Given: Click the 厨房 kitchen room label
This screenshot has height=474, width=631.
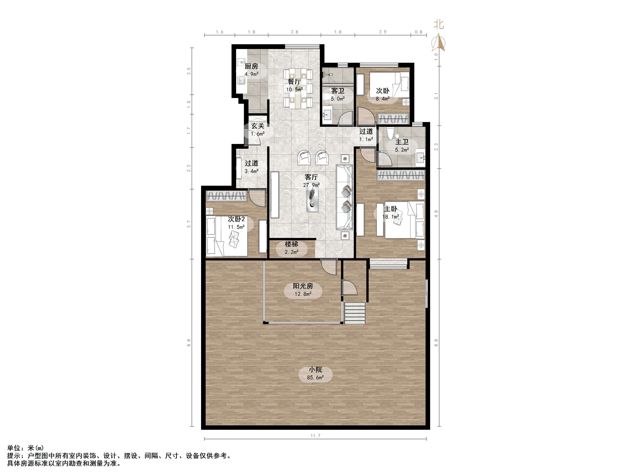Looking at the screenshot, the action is (x=251, y=66).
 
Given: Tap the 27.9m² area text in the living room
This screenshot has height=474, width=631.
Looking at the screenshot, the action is (x=311, y=185).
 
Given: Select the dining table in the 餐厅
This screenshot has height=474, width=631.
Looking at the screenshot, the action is (x=298, y=89).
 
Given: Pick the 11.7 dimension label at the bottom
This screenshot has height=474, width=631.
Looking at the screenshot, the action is (x=315, y=436).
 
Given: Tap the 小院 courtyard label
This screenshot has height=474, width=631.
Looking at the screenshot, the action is (x=315, y=370).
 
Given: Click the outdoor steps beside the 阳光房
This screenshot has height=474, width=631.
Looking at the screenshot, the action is (x=355, y=313).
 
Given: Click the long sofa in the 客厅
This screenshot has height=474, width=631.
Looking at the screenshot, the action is (x=345, y=197).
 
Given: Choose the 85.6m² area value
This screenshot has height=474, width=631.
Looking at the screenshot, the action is (x=315, y=378).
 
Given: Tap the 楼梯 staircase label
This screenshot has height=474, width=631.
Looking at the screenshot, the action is (x=292, y=244).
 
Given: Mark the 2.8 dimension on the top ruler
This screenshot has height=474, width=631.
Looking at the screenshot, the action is (x=294, y=32).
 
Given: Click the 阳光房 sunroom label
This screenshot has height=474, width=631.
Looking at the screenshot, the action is (x=303, y=286).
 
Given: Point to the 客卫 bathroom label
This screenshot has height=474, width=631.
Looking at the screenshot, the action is (x=338, y=91).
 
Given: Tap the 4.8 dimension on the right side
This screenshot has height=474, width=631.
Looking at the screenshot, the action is (x=436, y=214).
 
